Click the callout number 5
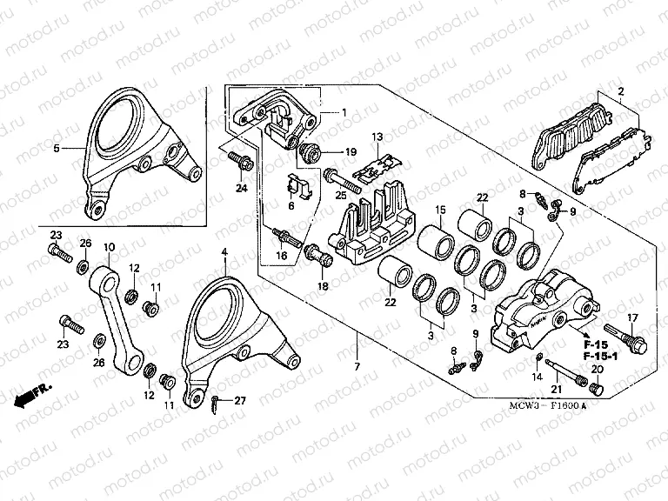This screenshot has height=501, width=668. [57, 149]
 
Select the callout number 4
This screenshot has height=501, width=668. [224, 252]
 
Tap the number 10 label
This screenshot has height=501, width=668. [110, 248]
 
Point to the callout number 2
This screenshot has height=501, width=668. [620, 91]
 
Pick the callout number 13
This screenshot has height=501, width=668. [377, 137]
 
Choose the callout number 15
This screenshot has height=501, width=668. [440, 210]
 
